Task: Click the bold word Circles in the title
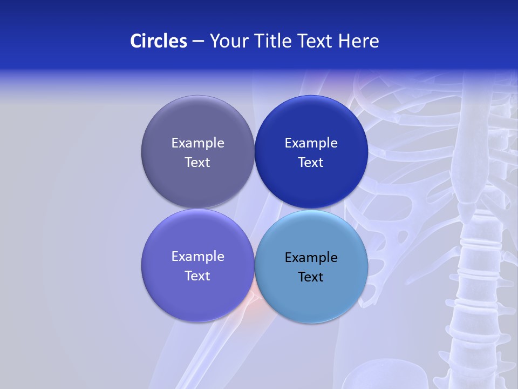(x=158, y=41)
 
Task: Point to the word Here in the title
(x=358, y=41)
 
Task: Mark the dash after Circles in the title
(x=197, y=42)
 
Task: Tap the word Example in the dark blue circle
(x=311, y=143)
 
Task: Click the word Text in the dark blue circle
(x=311, y=162)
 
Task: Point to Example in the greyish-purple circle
(x=197, y=143)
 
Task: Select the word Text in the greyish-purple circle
(x=197, y=162)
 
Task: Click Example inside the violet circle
(x=197, y=256)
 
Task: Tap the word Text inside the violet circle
(x=197, y=276)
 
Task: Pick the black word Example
(x=311, y=257)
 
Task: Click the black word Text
(x=311, y=277)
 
